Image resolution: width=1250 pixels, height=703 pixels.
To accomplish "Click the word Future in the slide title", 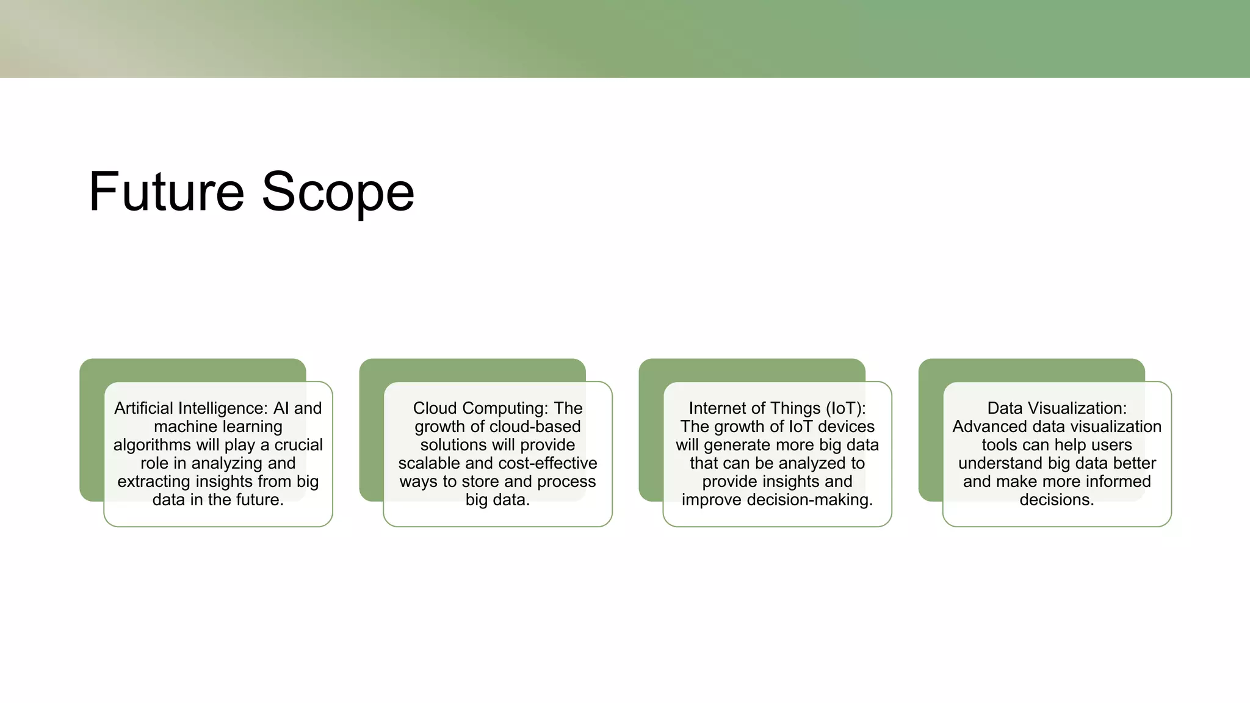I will click(166, 192).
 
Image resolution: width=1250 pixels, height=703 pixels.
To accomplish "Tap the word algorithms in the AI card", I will click(151, 445).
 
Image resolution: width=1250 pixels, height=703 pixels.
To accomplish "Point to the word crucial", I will click(298, 445).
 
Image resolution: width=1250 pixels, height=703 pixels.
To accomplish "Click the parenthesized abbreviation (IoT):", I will click(845, 408).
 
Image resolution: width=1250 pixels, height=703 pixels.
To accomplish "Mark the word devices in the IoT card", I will click(846, 427).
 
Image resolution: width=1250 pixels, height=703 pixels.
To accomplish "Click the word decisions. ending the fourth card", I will click(1057, 500).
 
